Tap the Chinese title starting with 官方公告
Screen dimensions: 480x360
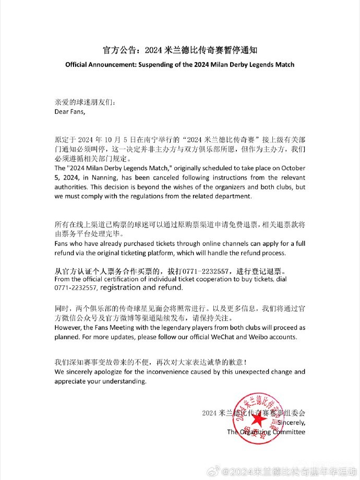pos(179,51)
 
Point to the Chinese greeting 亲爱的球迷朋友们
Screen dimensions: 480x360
pos(83,102)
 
